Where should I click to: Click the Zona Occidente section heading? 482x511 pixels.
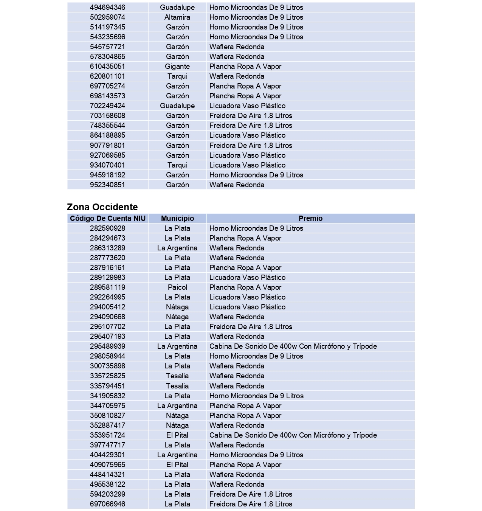pos(102,207)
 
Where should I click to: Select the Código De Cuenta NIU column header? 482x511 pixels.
pos(108,218)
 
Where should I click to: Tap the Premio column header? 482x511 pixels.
pos(310,218)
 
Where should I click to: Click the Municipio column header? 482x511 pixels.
pos(177,218)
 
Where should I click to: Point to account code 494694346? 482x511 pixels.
pos(107,7)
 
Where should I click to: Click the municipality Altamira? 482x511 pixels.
pos(177,17)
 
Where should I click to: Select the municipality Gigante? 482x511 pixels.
pos(177,66)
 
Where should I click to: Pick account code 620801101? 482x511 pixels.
pos(107,76)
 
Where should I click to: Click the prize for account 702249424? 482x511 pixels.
pos(247,106)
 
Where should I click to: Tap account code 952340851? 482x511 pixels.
pos(107,185)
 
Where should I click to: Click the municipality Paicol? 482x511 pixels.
pos(177,287)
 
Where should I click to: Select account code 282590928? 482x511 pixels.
pos(107,228)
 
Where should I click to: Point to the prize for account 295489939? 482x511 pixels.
pos(293,346)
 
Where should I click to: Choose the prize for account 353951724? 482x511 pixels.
pos(293,435)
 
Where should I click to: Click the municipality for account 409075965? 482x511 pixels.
pos(177,464)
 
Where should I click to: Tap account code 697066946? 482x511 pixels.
pos(107,504)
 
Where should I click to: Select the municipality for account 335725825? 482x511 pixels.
pos(177,376)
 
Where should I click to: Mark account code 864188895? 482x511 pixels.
pos(107,135)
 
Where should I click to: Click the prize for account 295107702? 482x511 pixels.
pos(251,326)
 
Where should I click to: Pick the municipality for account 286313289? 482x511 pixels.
pos(177,248)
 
